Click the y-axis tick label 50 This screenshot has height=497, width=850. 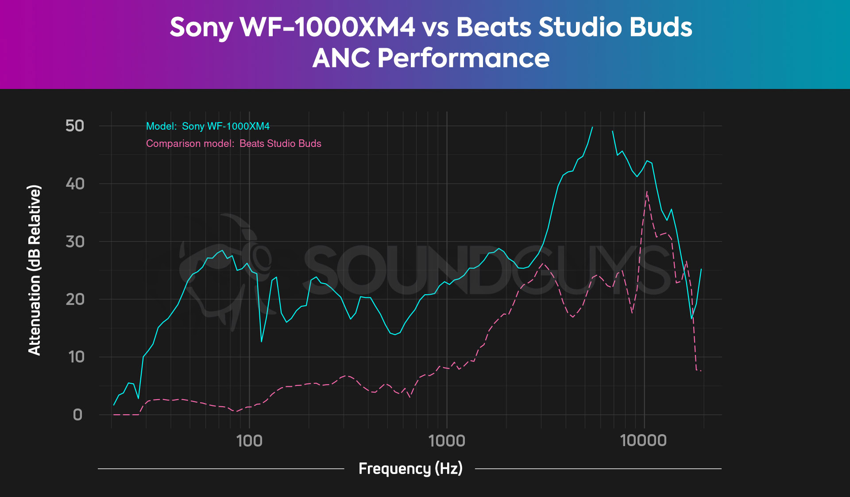[x=74, y=126]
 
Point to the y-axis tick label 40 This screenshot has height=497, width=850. [x=75, y=184]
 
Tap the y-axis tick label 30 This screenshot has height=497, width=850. [x=75, y=242]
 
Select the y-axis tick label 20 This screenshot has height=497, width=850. [x=75, y=299]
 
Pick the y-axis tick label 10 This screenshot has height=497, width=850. [x=76, y=357]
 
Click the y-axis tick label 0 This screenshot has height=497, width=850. [x=77, y=415]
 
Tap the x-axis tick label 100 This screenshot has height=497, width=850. [x=249, y=441]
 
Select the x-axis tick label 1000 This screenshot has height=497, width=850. [x=447, y=441]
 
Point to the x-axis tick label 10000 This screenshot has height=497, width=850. [x=643, y=441]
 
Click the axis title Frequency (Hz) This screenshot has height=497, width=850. [x=410, y=468]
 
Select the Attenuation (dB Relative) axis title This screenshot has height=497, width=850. [x=34, y=270]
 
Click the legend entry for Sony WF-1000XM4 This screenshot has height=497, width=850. [x=208, y=127]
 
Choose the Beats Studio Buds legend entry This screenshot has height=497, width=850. [x=233, y=144]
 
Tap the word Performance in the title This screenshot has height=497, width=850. [x=464, y=58]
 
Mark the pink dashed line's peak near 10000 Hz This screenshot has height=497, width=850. [x=647, y=192]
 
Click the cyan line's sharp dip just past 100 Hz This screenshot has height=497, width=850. [x=262, y=342]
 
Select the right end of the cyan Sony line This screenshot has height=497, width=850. [x=701, y=269]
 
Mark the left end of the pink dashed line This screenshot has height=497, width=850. [x=114, y=415]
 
